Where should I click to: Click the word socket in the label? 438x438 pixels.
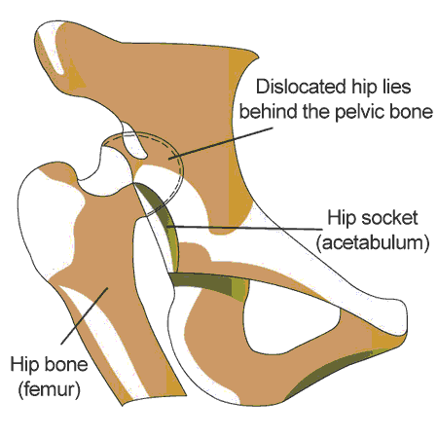coord(389,218)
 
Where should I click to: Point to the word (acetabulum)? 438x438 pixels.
coord(373,243)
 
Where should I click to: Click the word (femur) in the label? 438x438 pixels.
coord(50,389)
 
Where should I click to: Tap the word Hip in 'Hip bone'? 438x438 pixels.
coord(24,365)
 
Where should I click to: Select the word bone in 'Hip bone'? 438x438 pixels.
coord(66,364)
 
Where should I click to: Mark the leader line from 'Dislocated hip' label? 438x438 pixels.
coord(221,143)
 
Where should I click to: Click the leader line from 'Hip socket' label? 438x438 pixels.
coord(245,228)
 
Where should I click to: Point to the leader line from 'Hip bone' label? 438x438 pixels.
coord(84,315)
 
